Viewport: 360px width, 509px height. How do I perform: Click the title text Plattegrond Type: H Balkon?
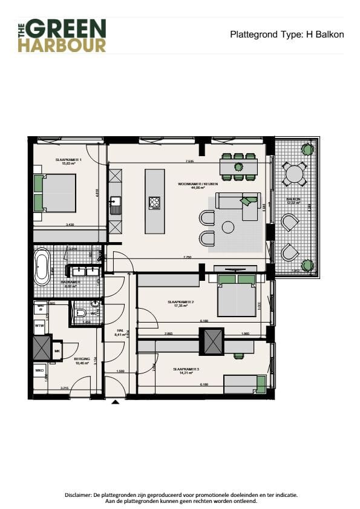[x=287, y=34]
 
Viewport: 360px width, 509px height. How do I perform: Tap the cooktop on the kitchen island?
[x=154, y=203]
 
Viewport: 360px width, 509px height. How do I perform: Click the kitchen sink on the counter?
[x=115, y=202]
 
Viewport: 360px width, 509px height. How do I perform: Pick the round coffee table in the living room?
[x=228, y=227]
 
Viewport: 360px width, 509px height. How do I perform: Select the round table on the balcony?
[x=295, y=174]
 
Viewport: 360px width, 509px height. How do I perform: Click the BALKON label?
[x=295, y=199]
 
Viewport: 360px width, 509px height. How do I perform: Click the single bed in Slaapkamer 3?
[x=245, y=384]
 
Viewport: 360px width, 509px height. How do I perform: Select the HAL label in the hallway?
[x=119, y=330]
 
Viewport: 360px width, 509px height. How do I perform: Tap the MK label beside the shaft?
[x=57, y=350]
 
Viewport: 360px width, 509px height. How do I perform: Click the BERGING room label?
[x=82, y=359]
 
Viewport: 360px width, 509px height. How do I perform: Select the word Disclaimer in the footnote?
[x=79, y=494]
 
